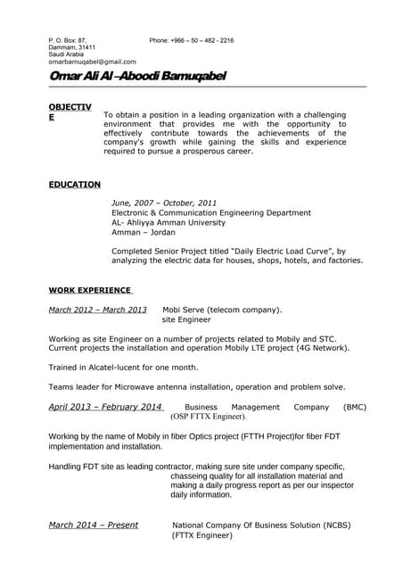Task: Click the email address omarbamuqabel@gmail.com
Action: click(x=92, y=62)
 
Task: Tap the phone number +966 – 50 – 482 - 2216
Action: click(x=192, y=40)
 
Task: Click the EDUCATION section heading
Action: click(x=74, y=185)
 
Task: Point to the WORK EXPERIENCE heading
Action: click(x=89, y=291)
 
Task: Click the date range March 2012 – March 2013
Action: click(x=97, y=310)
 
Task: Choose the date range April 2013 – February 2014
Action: click(x=105, y=407)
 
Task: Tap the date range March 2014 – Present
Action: click(x=93, y=525)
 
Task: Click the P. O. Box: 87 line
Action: click(x=68, y=40)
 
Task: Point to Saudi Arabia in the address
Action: click(x=66, y=54)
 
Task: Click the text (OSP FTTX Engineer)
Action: click(x=208, y=417)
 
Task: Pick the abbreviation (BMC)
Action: click(x=354, y=407)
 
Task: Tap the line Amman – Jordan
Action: click(x=144, y=232)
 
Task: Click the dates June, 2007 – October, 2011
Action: click(x=164, y=203)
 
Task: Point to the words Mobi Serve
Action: click(x=185, y=310)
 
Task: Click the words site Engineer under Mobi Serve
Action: click(x=186, y=319)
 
